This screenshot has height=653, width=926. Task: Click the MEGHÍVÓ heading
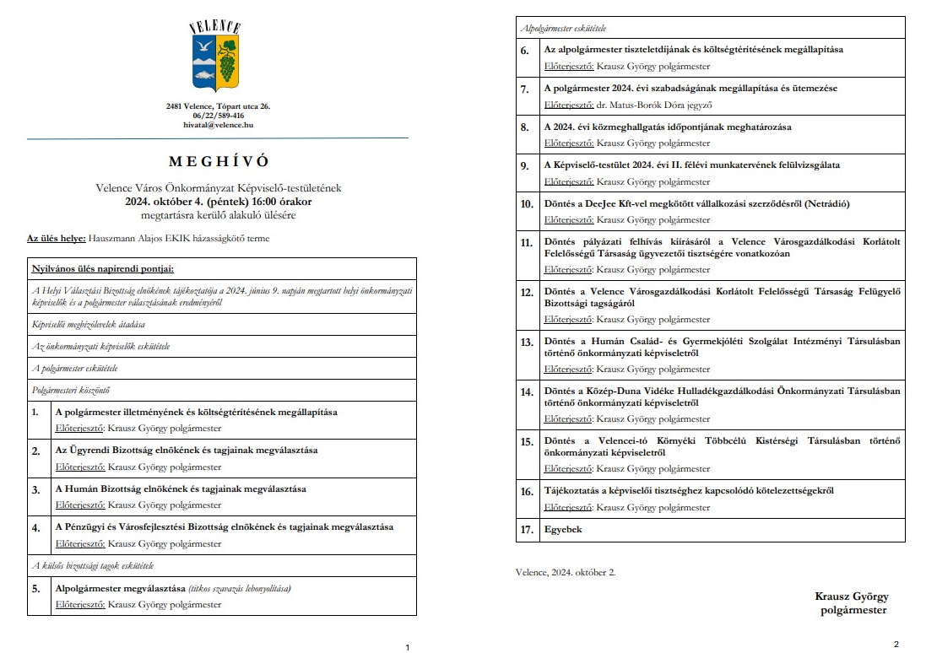pos(218,161)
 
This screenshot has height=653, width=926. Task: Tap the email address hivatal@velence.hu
pos(218,125)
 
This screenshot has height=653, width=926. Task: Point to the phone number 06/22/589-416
pos(218,116)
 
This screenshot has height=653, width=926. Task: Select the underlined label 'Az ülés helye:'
pos(57,239)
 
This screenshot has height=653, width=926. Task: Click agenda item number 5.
pos(36,589)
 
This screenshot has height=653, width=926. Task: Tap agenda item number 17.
pos(526,530)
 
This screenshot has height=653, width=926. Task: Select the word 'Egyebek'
pos(563,530)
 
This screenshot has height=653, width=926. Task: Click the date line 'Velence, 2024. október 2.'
pos(566,572)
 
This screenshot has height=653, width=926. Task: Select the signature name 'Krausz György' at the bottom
pos(851,596)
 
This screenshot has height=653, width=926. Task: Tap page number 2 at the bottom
pos(896,644)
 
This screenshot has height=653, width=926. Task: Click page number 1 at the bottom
pos(408,647)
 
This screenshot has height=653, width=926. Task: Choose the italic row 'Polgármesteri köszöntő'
pos(71,391)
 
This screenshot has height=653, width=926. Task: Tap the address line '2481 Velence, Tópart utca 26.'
pos(218,106)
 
